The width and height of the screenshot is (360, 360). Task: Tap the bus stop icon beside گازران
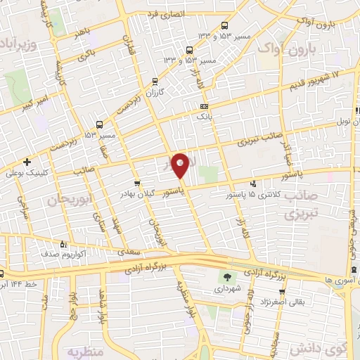pyautogui.click(x=155, y=81)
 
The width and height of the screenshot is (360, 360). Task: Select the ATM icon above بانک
pyautogui.click(x=204, y=105)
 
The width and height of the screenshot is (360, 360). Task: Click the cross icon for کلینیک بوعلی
pyautogui.click(x=27, y=161)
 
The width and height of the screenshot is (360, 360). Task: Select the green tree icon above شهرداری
pyautogui.click(x=226, y=276)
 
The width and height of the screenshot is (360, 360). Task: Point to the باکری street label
pyautogui.click(x=85, y=53)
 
